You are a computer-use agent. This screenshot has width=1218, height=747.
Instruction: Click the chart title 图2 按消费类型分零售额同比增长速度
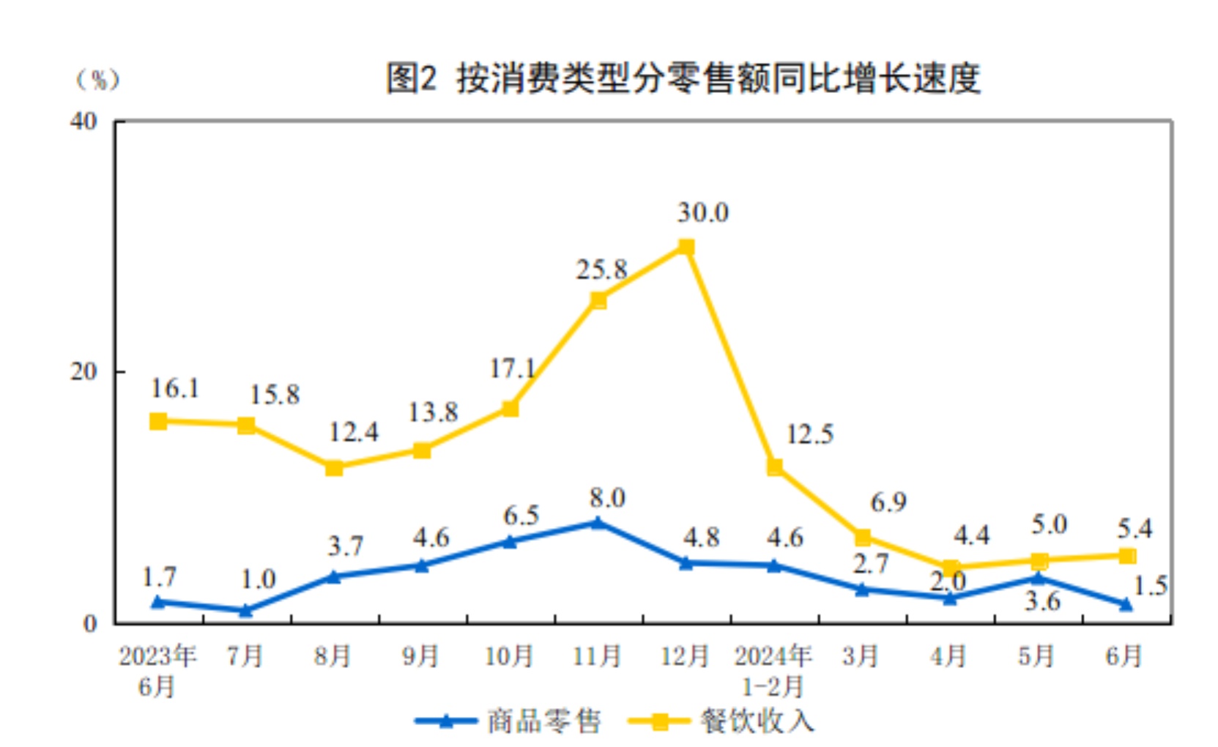[683, 78]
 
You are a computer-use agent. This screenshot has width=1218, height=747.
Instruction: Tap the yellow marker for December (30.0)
[686, 248]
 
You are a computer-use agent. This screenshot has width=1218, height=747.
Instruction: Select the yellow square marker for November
[598, 300]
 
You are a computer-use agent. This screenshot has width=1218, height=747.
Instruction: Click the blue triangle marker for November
[598, 523]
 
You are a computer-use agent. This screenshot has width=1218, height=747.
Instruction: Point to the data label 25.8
[601, 270]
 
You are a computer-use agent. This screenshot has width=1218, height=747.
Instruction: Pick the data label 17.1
[512, 368]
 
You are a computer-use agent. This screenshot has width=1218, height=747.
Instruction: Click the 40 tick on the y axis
[83, 122]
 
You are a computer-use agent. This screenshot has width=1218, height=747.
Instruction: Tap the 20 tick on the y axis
[83, 372]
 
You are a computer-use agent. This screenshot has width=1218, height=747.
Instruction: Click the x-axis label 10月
[509, 655]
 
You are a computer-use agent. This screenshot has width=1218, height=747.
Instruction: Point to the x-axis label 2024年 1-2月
[773, 670]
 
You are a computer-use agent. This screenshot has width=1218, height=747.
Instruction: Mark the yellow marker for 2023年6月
[158, 421]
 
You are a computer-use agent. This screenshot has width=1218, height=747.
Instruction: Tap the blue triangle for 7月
[246, 610]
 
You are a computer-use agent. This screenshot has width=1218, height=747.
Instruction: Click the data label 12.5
[809, 434]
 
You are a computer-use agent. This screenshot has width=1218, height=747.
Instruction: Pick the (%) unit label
[98, 79]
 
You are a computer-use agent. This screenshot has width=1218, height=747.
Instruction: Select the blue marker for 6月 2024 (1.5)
[1126, 604]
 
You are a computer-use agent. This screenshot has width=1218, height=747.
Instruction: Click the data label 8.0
[607, 498]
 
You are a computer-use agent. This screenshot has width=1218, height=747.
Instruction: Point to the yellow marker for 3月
[863, 538]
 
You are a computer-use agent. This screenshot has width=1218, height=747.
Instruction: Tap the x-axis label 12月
[685, 655]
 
